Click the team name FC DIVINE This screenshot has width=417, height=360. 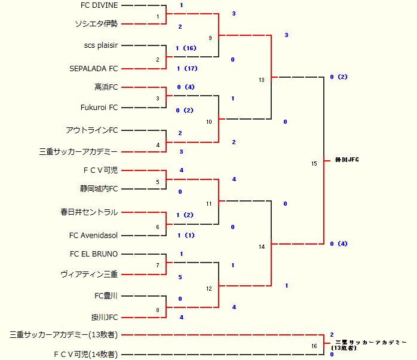(x=99, y=5)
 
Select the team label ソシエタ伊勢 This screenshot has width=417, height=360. (x=96, y=24)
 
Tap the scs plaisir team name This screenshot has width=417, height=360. (x=101, y=45)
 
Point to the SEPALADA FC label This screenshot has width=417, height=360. (x=94, y=69)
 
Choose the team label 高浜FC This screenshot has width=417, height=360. (x=106, y=87)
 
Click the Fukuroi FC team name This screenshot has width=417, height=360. (x=99, y=108)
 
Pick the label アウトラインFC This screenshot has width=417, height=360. (x=92, y=130)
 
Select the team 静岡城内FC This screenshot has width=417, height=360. (x=99, y=189)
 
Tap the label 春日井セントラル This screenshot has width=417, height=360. (x=89, y=212)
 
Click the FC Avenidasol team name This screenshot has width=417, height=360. (x=94, y=235)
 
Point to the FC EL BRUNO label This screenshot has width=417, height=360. (x=94, y=254)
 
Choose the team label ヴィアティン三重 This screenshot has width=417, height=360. (x=89, y=274)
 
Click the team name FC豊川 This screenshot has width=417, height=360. (x=106, y=296)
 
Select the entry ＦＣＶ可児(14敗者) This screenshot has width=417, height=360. (x=85, y=355)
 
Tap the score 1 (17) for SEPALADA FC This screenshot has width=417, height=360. (x=187, y=69)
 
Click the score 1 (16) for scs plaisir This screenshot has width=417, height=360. (x=186, y=48)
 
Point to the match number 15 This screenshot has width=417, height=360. (x=314, y=163)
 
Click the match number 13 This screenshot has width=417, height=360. (x=261, y=80)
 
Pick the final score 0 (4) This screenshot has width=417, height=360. (x=339, y=244)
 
